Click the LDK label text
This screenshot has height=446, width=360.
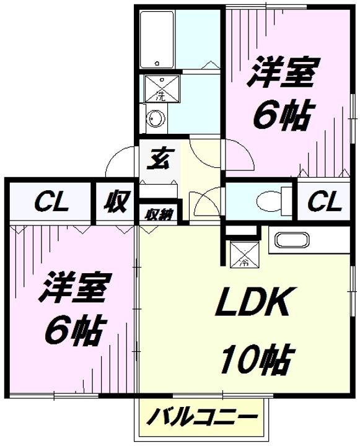coord(253,302)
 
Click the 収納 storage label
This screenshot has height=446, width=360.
coord(159,216)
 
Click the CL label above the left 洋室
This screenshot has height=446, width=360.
coord(51,202)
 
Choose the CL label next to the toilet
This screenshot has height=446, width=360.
coord(325,202)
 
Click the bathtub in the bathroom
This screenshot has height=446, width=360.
coord(157,40)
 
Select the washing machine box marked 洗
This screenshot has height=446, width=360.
coord(162,89)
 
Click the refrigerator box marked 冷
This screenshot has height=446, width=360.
coord(245,254)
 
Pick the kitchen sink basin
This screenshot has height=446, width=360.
coord(292,240)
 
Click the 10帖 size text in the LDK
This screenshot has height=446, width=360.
coord(257,359)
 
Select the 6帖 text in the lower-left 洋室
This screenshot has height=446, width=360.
coord(76,331)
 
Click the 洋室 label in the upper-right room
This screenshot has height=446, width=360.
coord(280,72)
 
